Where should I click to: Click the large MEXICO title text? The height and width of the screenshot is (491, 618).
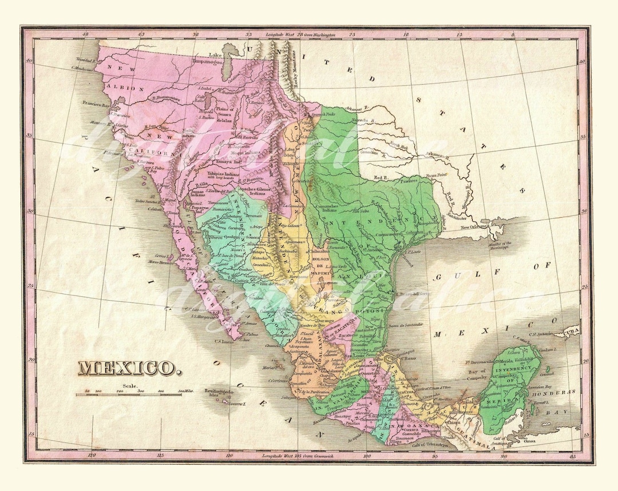point(127,368)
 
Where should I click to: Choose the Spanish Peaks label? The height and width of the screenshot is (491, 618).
point(321,114)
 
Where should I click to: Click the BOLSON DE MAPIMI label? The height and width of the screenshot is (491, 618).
point(320,266)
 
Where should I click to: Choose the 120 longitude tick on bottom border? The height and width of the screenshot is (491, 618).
point(90,456)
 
